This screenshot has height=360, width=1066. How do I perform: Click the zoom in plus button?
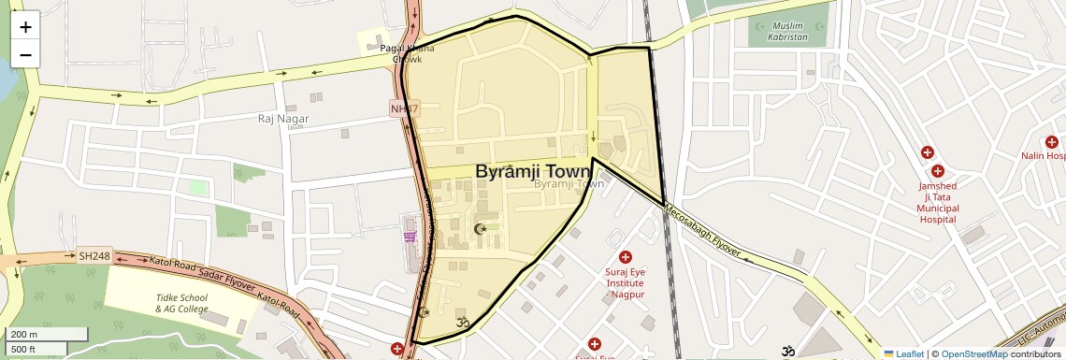tap(25, 27)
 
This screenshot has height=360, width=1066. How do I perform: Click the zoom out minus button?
tap(25, 54)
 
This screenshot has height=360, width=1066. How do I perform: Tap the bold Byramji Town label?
tap(533, 172)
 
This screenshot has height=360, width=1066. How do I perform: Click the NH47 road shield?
tap(405, 109)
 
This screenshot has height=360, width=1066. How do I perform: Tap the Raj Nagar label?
tap(282, 119)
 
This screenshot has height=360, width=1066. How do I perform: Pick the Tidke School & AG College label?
tap(181, 303)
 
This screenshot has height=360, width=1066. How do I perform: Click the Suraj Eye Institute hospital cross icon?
tap(626, 257)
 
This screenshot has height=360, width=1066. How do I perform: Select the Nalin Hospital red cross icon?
tap(1052, 142)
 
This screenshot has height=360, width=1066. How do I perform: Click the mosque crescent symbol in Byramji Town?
tap(483, 229)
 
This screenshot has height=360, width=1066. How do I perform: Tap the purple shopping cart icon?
tap(410, 237)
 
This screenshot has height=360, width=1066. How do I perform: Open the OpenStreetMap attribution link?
tap(973, 353)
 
